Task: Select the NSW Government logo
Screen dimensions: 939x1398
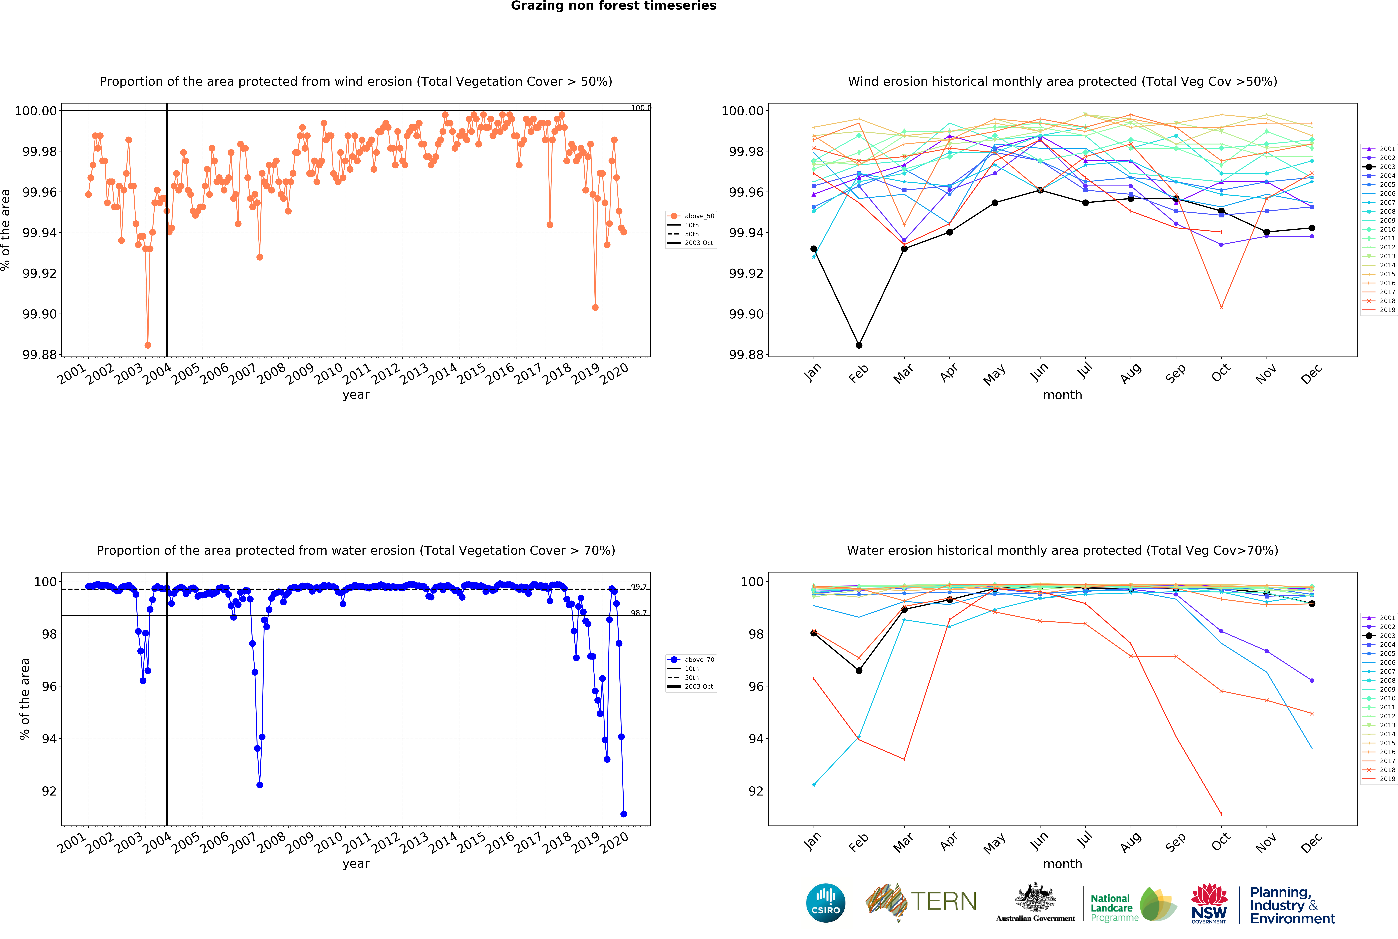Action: click(x=1209, y=903)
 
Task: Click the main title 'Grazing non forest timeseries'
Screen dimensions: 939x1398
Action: click(x=613, y=6)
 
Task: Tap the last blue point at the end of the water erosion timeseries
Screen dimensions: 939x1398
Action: click(x=624, y=814)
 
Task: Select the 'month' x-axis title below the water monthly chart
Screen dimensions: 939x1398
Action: click(x=1063, y=864)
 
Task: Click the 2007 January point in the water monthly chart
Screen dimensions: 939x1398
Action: click(x=813, y=784)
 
